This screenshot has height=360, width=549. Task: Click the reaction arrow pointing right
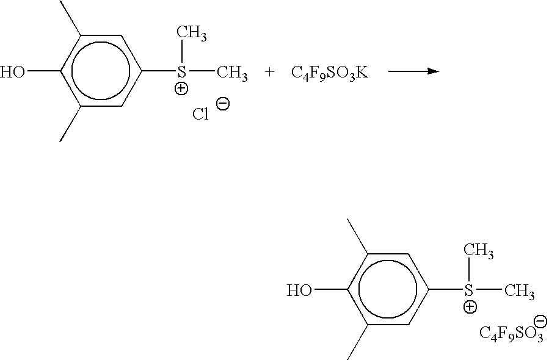(413, 71)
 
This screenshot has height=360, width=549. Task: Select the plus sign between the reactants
(269, 72)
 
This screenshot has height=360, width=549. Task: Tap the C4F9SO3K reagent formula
(330, 73)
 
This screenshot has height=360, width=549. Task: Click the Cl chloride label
(201, 114)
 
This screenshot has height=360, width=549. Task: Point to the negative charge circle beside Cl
(223, 104)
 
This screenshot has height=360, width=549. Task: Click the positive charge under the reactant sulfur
(181, 88)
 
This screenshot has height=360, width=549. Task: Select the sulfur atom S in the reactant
(181, 71)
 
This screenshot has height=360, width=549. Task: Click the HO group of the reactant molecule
(13, 72)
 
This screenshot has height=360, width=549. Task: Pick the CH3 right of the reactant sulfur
(232, 73)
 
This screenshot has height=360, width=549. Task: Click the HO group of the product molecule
(299, 290)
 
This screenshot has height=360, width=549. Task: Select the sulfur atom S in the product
(468, 290)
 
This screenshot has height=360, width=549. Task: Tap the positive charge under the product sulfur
(470, 307)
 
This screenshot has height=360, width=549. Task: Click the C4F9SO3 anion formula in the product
(511, 333)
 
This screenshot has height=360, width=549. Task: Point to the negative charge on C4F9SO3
(540, 321)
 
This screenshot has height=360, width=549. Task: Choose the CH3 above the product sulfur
(479, 251)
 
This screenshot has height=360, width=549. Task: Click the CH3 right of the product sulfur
(519, 292)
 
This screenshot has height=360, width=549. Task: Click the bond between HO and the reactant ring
(43, 71)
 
